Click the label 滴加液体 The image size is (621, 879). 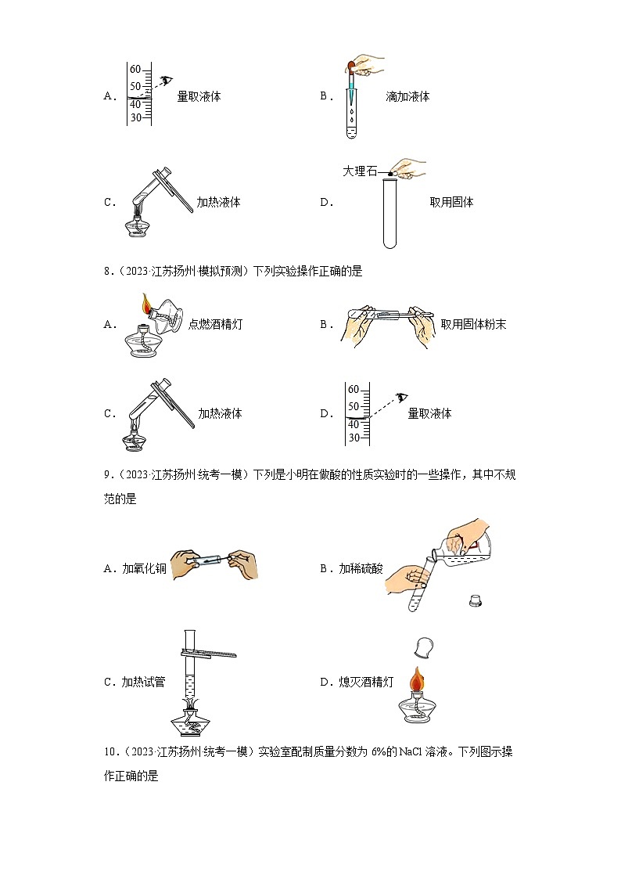pos(407,96)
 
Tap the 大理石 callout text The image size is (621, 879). pos(359,171)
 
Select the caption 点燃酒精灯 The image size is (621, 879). pos(215,324)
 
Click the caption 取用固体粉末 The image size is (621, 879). pos(473,324)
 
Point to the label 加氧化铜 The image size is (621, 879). pos(145,568)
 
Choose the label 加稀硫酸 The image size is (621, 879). pos(361,568)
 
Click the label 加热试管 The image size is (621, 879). pos(143,682)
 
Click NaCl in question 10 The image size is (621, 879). pos(410,752)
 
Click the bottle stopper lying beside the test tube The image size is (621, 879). pos(474,600)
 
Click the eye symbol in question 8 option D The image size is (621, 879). pos(403,397)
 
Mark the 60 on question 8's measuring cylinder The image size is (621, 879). pos(353,390)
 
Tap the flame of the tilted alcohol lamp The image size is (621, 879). pos(145,304)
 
